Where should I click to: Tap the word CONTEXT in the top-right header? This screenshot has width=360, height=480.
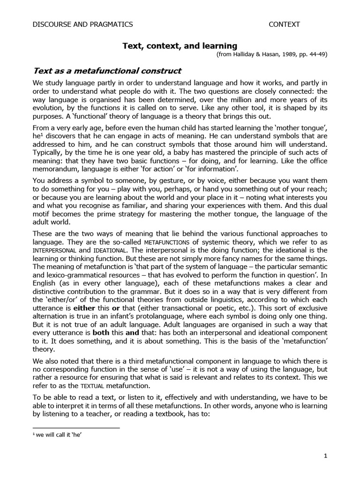[284, 24]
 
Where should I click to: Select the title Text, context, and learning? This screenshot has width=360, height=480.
[180, 45]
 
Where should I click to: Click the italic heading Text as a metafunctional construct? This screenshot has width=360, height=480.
[107, 71]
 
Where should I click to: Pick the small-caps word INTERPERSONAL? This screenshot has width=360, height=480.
[54, 251]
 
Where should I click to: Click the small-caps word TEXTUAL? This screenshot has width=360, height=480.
[96, 386]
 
